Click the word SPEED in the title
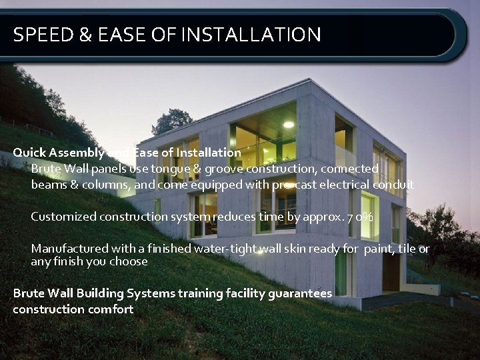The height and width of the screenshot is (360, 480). tap(42, 34)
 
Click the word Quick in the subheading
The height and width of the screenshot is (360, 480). tap(29, 153)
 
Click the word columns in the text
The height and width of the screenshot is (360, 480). tap(99, 185)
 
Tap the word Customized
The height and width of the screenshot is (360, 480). tap(63, 217)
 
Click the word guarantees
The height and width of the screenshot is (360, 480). tap(298, 293)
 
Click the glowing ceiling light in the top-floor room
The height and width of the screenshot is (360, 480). tap(288, 124)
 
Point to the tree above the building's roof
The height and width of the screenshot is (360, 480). tap(173, 121)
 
